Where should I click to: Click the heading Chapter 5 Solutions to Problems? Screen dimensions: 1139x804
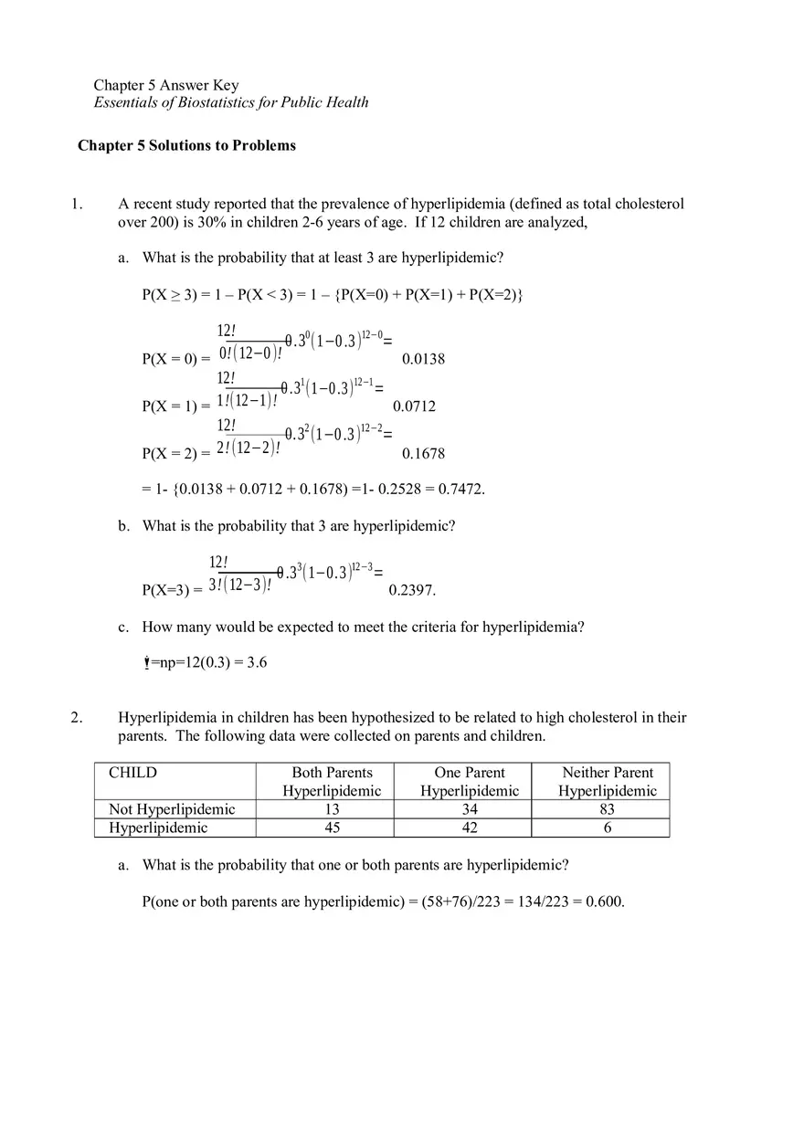point(186,145)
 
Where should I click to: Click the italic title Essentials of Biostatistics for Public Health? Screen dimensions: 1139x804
point(231,102)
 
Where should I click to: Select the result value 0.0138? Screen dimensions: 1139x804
point(423,359)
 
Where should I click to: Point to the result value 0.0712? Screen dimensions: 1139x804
point(414,406)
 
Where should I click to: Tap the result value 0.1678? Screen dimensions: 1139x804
point(423,453)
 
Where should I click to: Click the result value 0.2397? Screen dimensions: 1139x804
point(412,590)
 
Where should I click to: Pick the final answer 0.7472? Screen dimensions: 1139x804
point(461,489)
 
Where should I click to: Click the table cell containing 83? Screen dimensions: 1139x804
point(607,809)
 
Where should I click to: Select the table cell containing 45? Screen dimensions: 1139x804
point(333,828)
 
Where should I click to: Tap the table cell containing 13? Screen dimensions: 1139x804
point(333,809)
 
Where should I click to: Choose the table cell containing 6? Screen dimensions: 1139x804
point(607,828)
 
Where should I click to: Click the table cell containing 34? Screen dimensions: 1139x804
point(470,809)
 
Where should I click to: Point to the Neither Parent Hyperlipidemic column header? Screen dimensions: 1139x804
point(608,782)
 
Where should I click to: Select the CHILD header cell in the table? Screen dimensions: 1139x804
point(132,773)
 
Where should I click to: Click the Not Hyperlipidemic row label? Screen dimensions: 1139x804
point(172,809)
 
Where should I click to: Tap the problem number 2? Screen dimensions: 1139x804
point(77,718)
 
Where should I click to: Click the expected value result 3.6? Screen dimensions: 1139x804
point(257,662)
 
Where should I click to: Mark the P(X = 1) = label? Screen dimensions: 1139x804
point(175,406)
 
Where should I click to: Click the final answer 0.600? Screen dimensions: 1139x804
point(605,902)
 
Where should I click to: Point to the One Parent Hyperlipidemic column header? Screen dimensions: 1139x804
point(470,782)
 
